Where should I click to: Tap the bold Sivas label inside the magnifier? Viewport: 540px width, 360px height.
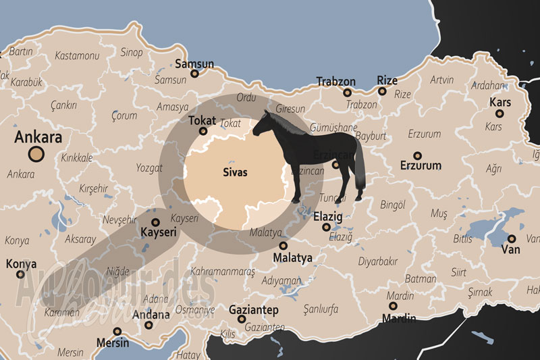[235, 172]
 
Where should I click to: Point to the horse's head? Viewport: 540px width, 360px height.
[265, 122]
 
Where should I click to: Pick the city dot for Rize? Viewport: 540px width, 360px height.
[382, 91]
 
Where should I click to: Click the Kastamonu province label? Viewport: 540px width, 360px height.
[77, 55]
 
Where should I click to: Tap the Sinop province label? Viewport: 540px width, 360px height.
[132, 53]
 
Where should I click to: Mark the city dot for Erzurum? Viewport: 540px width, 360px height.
[417, 154]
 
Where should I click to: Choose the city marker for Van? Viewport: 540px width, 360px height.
[512, 239]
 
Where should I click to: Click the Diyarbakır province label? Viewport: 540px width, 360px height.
[377, 261]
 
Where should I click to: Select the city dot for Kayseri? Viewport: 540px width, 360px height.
[156, 222]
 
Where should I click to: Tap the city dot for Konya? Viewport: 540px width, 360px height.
[20, 274]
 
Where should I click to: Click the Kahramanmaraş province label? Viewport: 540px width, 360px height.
[224, 272]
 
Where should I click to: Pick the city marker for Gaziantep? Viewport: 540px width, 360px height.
[241, 320]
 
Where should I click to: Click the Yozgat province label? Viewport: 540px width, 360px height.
[149, 167]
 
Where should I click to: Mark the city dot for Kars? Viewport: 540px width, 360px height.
[500, 113]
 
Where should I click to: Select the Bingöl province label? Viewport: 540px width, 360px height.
[392, 203]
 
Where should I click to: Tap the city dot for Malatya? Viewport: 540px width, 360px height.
[283, 246]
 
